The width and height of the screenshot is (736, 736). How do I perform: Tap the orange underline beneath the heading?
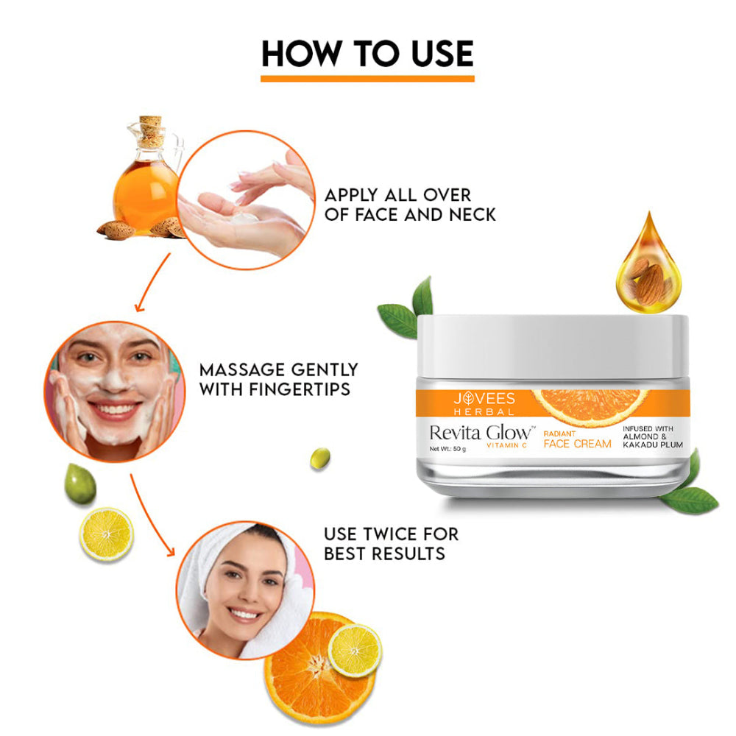(x=367, y=78)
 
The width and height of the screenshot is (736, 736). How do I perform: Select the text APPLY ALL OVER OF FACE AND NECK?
(x=410, y=205)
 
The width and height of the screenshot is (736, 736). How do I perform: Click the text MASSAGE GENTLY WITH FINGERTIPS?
(x=278, y=379)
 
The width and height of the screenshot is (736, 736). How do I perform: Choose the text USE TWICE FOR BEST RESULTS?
(x=384, y=542)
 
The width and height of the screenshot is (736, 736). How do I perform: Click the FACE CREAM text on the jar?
(x=577, y=444)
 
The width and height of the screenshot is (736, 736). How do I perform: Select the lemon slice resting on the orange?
(x=355, y=649)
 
